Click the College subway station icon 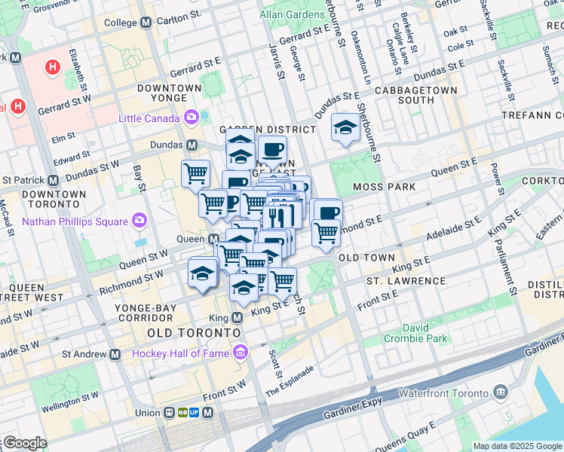(x=146, y=23)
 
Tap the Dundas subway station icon (x=192, y=145)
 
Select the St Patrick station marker (x=53, y=181)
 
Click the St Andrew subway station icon (x=115, y=354)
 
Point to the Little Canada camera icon (x=191, y=118)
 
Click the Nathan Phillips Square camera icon (x=139, y=221)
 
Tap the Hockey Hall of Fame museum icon (x=241, y=353)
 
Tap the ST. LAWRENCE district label (x=406, y=281)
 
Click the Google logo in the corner (x=25, y=443)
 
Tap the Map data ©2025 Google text (x=517, y=446)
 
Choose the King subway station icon (x=236, y=318)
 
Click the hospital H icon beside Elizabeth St (x=52, y=68)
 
